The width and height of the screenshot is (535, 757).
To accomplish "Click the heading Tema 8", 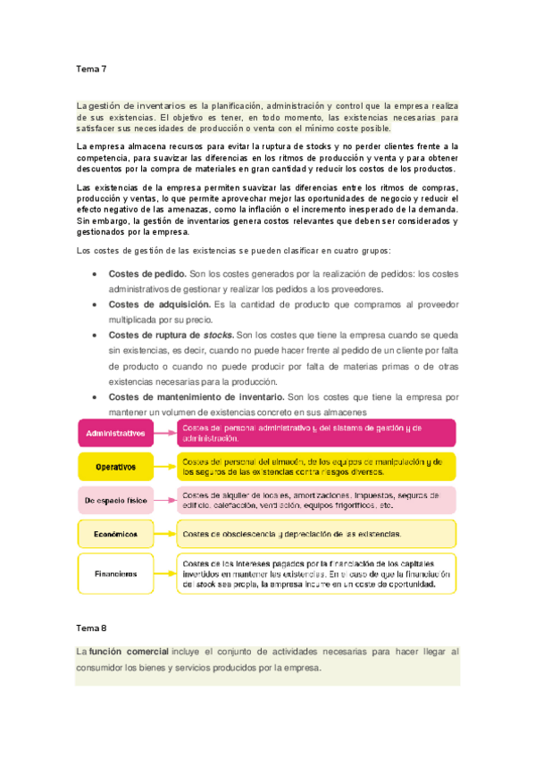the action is (91, 628).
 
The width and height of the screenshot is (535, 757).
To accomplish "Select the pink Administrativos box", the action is (115, 433).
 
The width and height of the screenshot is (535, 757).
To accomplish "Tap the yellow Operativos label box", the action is (115, 466).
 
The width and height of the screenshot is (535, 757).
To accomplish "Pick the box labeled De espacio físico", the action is (115, 501).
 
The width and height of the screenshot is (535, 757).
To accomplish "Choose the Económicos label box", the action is (115, 534).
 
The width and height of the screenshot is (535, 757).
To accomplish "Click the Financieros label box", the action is (115, 573).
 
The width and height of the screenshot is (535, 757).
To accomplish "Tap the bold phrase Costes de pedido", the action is (147, 273).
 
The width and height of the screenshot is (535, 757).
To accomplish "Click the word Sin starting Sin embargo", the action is (84, 220).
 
